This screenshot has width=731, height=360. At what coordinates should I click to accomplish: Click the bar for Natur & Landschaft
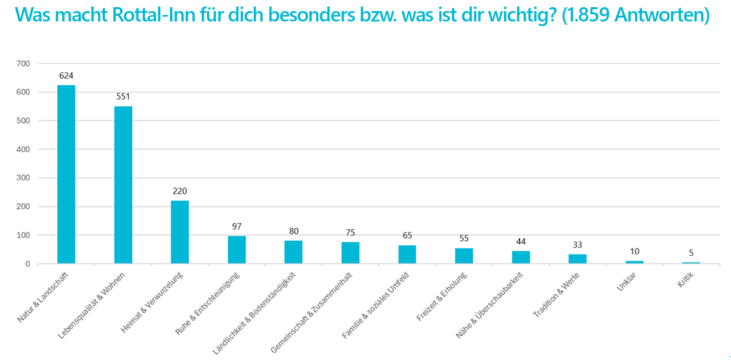coord(66,174)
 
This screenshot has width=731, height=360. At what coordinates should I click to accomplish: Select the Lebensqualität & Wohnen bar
coord(123,185)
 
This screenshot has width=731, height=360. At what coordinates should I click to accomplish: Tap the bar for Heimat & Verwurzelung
coord(180,232)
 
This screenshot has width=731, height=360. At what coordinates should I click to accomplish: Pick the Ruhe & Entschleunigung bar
coord(236,250)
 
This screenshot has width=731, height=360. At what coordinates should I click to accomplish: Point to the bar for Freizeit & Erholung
coord(463,256)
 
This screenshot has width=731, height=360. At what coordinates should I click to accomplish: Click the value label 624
coord(66,76)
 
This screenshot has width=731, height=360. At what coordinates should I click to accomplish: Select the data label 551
coord(123,96)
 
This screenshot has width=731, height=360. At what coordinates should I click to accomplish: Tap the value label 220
coord(180,191)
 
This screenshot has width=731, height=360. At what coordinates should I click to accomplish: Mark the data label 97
coord(236,226)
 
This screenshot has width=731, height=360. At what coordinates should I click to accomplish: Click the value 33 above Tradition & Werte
coord(577,245)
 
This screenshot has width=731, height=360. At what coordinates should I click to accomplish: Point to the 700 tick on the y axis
coord(23,64)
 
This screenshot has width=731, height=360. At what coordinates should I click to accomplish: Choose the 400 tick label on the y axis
coord(23,149)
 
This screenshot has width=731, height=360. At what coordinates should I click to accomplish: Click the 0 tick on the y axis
coord(28,264)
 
